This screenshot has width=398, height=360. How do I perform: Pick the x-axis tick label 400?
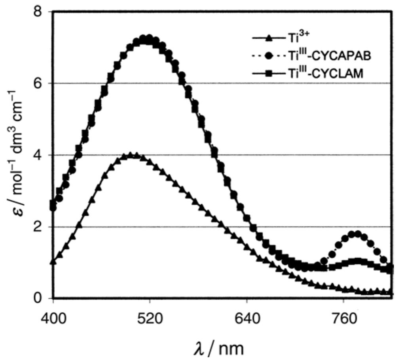(x=53, y=317)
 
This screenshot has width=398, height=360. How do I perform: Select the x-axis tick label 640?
(x=247, y=317)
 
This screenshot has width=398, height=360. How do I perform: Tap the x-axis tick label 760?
(x=343, y=317)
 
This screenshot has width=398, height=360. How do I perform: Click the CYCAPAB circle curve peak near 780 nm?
(x=357, y=234)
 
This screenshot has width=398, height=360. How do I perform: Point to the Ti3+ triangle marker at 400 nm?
(x=53, y=262)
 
